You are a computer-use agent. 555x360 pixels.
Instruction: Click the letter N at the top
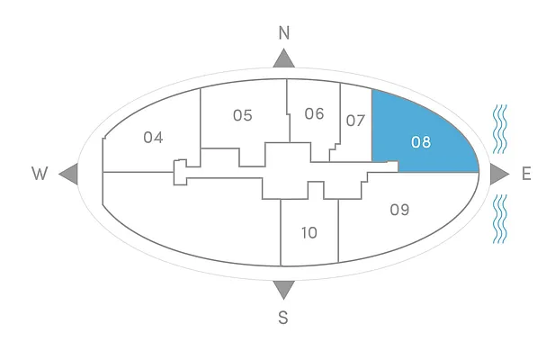pyautogui.click(x=284, y=33)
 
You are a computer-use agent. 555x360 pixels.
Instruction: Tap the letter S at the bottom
pyautogui.click(x=283, y=317)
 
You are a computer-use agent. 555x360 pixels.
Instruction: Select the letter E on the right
pyautogui.click(x=526, y=174)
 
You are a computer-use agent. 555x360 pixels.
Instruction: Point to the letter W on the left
pyautogui.click(x=40, y=175)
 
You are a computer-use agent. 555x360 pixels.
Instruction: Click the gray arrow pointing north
pyautogui.click(x=284, y=58)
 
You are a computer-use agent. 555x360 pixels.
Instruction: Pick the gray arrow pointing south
pyautogui.click(x=283, y=289)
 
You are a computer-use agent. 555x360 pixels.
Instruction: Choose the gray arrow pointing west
pyautogui.click(x=68, y=175)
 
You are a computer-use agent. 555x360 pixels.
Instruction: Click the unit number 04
pyautogui.click(x=153, y=138)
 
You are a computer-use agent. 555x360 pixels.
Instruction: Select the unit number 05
pyautogui.click(x=242, y=115)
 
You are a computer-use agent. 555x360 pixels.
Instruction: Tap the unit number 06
pyautogui.click(x=314, y=113)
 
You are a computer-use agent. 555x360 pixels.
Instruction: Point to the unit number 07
pyautogui.click(x=355, y=120)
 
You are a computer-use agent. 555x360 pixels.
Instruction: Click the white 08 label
pyautogui.click(x=421, y=141)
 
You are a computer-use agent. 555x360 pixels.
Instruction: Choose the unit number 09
pyautogui.click(x=399, y=210)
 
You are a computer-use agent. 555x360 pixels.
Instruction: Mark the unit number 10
pyautogui.click(x=309, y=232)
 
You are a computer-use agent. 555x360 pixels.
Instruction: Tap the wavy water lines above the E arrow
pyautogui.click(x=500, y=129)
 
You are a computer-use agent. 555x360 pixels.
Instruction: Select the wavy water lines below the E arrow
pyautogui.click(x=500, y=219)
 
